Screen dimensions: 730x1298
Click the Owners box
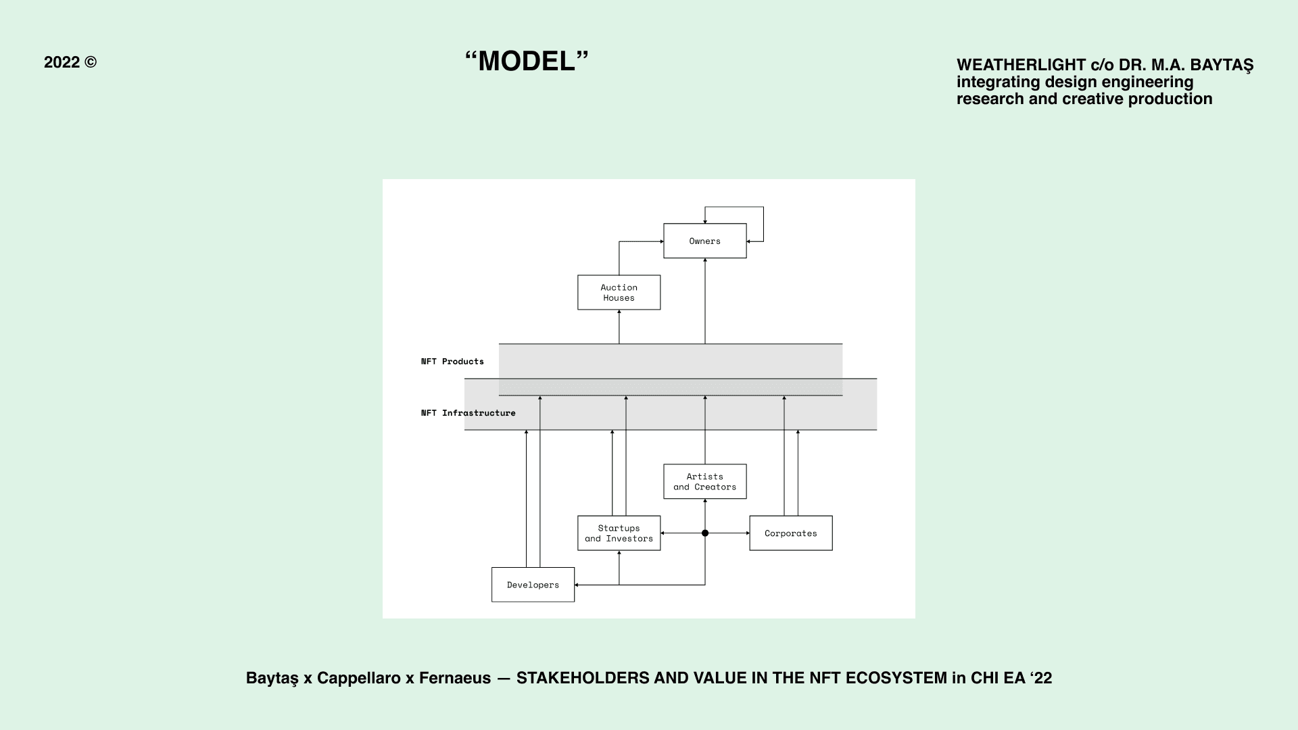click(x=704, y=241)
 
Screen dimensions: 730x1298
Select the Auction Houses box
click(x=619, y=292)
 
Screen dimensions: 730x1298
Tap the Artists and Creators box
click(x=704, y=481)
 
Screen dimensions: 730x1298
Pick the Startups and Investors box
click(x=619, y=533)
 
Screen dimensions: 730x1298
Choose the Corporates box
click(x=790, y=533)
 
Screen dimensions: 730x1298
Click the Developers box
click(x=533, y=585)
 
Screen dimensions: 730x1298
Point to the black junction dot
click(x=705, y=533)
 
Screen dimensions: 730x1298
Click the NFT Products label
click(x=452, y=362)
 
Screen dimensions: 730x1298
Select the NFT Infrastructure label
click(x=468, y=413)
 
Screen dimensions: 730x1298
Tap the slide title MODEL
click(x=527, y=62)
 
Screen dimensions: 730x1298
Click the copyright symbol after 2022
click(x=91, y=62)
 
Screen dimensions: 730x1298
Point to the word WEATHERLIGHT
click(x=1021, y=65)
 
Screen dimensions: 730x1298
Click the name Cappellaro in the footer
click(x=358, y=678)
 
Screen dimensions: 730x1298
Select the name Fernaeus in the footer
click(x=455, y=678)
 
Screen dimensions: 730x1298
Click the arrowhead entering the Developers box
click(x=577, y=585)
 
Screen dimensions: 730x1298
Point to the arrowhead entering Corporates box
click(x=747, y=533)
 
